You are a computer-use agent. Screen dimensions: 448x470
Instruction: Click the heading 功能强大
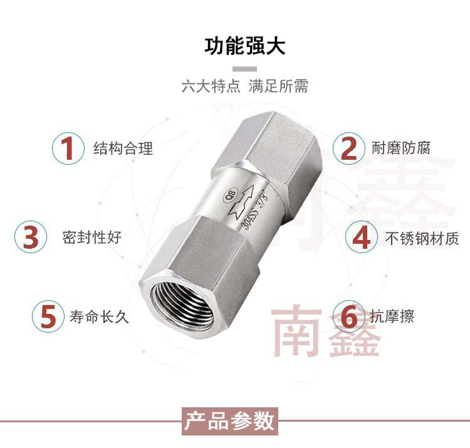[245, 46]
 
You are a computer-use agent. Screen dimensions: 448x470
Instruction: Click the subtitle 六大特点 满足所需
[244, 86]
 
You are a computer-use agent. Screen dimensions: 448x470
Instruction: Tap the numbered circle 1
[66, 148]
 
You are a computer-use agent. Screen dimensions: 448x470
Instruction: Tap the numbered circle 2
[348, 148]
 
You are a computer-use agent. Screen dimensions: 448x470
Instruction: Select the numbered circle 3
[31, 237]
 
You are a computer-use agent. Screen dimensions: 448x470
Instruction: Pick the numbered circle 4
[362, 237]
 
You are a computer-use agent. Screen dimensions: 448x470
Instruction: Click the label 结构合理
[123, 148]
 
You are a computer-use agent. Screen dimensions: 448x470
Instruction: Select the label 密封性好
[91, 238]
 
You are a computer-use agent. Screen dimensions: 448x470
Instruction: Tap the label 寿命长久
[99, 316]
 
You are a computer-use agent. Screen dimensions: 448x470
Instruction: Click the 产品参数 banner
[229, 420]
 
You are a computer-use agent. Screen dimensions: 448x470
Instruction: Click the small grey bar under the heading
[245, 68]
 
